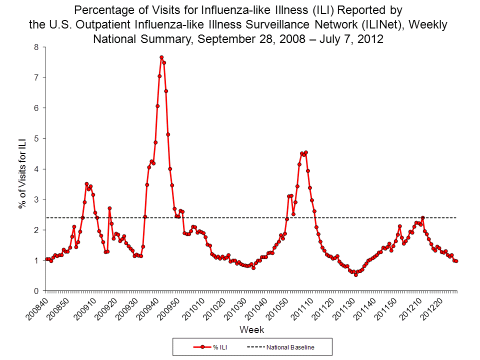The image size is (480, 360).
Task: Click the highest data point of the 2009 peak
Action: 161,57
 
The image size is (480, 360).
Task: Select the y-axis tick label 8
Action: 36,47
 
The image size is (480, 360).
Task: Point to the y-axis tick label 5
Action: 36,138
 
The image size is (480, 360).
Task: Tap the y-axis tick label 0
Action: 36,291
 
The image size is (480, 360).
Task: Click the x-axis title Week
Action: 251,330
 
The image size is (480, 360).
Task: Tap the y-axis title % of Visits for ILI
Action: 22,169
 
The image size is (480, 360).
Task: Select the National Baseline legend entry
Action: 280,347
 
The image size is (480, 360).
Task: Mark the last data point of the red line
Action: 456,261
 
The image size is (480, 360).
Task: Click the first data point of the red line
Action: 46,259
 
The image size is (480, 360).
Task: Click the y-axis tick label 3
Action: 36,199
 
